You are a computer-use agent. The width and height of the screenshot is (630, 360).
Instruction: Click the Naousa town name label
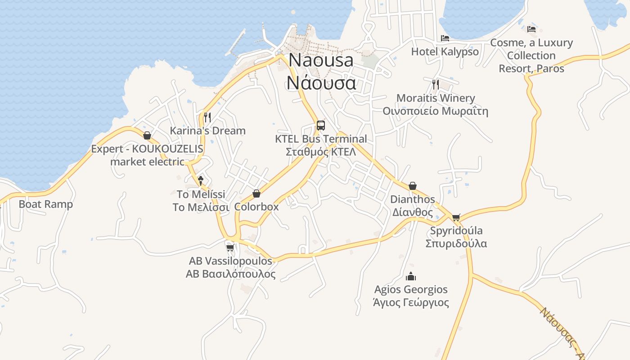pos(321,72)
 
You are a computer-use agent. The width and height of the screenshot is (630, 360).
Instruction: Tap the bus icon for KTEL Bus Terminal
pos(320,125)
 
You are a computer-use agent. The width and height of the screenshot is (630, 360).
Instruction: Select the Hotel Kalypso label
pos(445,52)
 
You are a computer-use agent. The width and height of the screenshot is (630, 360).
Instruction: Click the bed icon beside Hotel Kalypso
pos(445,38)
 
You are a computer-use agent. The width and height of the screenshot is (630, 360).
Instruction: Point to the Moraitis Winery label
pos(435,104)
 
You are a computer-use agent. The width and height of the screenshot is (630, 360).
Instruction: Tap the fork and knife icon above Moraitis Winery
pos(435,84)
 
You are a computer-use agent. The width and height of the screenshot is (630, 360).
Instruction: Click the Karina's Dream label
pos(207,131)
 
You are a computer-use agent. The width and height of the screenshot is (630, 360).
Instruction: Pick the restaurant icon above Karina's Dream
pos(207,117)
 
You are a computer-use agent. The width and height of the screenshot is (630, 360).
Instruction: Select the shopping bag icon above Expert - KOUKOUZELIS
pos(147,135)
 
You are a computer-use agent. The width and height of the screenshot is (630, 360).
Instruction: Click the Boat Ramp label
pos(45,204)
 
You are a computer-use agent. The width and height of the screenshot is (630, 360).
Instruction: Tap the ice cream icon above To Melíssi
pos(201,180)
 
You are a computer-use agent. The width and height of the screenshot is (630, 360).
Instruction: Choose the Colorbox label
pos(256,207)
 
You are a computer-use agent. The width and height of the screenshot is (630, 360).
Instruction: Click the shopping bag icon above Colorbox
pos(256,193)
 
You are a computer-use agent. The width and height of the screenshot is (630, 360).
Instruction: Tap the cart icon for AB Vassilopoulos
pos(230,247)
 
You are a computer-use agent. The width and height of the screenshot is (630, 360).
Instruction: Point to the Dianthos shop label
pos(413,206)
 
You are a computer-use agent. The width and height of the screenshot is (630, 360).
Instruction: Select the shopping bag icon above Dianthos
pos(413,186)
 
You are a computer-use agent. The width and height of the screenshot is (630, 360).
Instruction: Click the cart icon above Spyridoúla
pos(456,218)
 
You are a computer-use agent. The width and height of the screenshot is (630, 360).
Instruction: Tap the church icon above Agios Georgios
pos(411,276)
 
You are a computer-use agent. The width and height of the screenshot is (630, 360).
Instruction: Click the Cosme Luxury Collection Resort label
pos(531,56)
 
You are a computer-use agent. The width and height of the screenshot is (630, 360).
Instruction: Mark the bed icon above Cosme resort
pos(531,29)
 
